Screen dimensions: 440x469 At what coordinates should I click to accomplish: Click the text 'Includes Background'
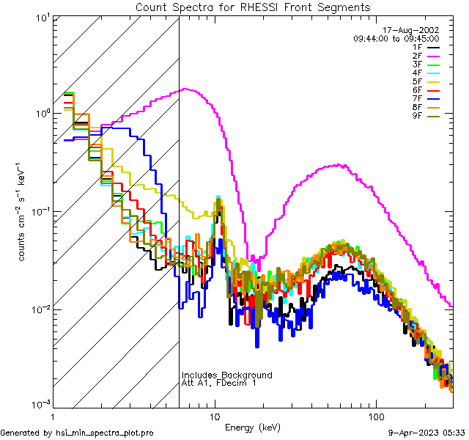[227, 375]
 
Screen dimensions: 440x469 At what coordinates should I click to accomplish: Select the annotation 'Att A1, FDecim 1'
[219, 384]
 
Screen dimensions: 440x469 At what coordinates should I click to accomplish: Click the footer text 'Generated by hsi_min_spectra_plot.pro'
[78, 433]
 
